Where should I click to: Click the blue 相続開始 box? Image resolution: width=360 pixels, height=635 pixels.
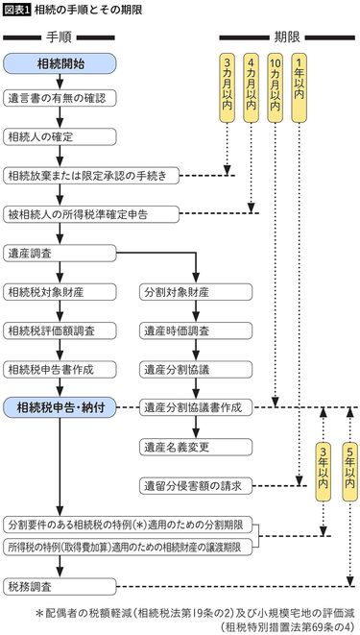pyautogui.click(x=60, y=63)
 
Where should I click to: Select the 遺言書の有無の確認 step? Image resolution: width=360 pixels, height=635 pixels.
pyautogui.click(x=60, y=98)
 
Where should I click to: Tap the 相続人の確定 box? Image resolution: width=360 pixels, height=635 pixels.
pyautogui.click(x=60, y=136)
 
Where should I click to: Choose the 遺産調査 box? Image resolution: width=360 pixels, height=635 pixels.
pyautogui.click(x=60, y=253)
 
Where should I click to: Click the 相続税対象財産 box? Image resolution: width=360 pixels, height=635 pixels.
pyautogui.click(x=60, y=291)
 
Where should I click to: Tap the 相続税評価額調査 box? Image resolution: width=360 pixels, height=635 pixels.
pyautogui.click(x=60, y=330)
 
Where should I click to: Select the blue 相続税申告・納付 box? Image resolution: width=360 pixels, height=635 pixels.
pyautogui.click(x=60, y=407)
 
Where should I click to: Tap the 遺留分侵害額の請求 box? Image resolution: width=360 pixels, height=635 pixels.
pyautogui.click(x=196, y=484)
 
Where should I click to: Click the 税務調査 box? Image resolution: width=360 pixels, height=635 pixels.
pyautogui.click(x=60, y=585)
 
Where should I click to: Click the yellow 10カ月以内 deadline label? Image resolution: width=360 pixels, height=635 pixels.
pyautogui.click(x=276, y=87)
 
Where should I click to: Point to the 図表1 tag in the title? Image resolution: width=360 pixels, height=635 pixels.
pyautogui.click(x=15, y=10)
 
